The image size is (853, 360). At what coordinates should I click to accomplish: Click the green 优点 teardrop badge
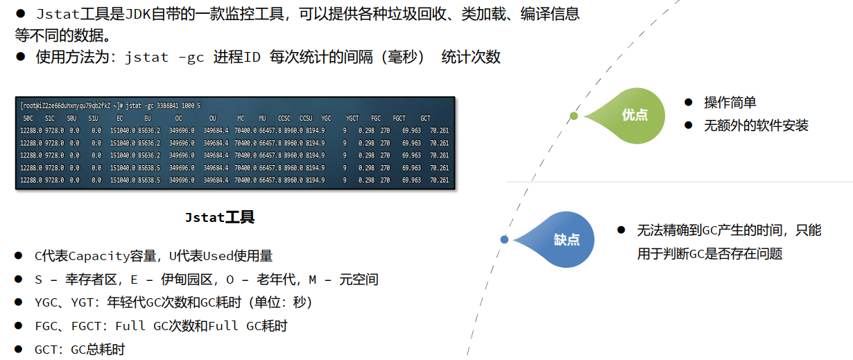coord(634,115)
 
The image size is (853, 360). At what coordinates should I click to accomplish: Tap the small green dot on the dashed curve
coord(574,115)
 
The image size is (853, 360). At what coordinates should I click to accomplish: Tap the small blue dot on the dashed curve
coord(504,239)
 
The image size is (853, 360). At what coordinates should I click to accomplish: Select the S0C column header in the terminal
coord(28,118)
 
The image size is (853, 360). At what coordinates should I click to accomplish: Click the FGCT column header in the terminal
coord(399,118)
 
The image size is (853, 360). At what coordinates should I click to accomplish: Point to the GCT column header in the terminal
coord(425,118)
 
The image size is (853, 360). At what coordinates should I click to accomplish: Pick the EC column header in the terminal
coord(120,118)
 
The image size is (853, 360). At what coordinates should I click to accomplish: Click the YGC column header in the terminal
coord(327,118)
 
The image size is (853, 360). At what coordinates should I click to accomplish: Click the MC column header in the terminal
coord(241,118)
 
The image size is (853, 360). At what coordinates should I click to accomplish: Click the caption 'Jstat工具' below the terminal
coord(220,218)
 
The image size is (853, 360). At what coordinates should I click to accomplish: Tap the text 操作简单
coord(730,103)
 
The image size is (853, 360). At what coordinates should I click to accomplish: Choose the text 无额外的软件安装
coord(756,126)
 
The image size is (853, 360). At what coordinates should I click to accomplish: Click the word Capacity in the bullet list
coord(98,256)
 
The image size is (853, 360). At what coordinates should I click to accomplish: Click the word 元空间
coord(359,280)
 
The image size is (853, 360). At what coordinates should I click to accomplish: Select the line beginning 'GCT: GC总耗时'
coord(80,349)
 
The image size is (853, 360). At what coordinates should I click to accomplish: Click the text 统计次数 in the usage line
coord(471,58)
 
